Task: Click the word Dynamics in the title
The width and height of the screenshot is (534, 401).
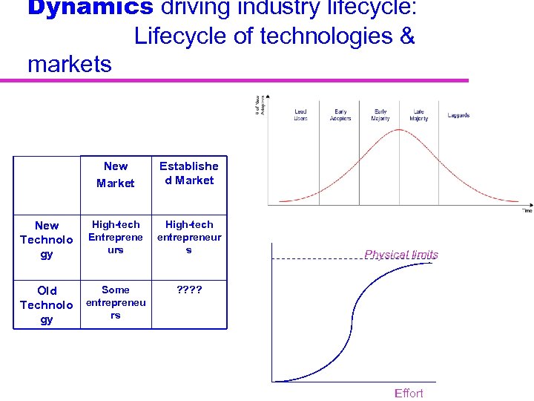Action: coord(79,7)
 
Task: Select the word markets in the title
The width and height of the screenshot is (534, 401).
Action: coord(70,64)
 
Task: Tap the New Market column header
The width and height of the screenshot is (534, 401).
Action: coord(116,175)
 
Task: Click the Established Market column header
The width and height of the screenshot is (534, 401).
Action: coord(188,173)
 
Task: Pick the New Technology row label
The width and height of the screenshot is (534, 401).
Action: coord(47,239)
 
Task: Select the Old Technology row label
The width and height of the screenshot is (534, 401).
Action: coord(47,304)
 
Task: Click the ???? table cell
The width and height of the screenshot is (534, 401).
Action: coord(188,290)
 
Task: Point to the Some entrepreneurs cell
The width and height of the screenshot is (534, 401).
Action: coord(116,302)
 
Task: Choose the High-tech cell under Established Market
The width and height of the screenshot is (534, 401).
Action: coord(188,237)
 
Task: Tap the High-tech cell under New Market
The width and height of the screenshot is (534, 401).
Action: coord(116,237)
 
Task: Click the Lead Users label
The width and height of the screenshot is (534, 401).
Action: coord(300,115)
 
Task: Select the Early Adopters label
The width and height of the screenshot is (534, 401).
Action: coord(340,115)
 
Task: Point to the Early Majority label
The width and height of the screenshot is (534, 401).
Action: coord(380,115)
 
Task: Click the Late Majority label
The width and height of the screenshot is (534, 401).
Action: coord(419,115)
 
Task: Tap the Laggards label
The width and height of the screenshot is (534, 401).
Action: coord(458,116)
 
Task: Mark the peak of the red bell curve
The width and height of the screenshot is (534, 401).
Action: coord(400,130)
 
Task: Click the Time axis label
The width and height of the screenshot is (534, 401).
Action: coord(527,211)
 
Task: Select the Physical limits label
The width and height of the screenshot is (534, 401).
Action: coord(401,255)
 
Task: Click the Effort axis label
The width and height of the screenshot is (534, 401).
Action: coord(409,393)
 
